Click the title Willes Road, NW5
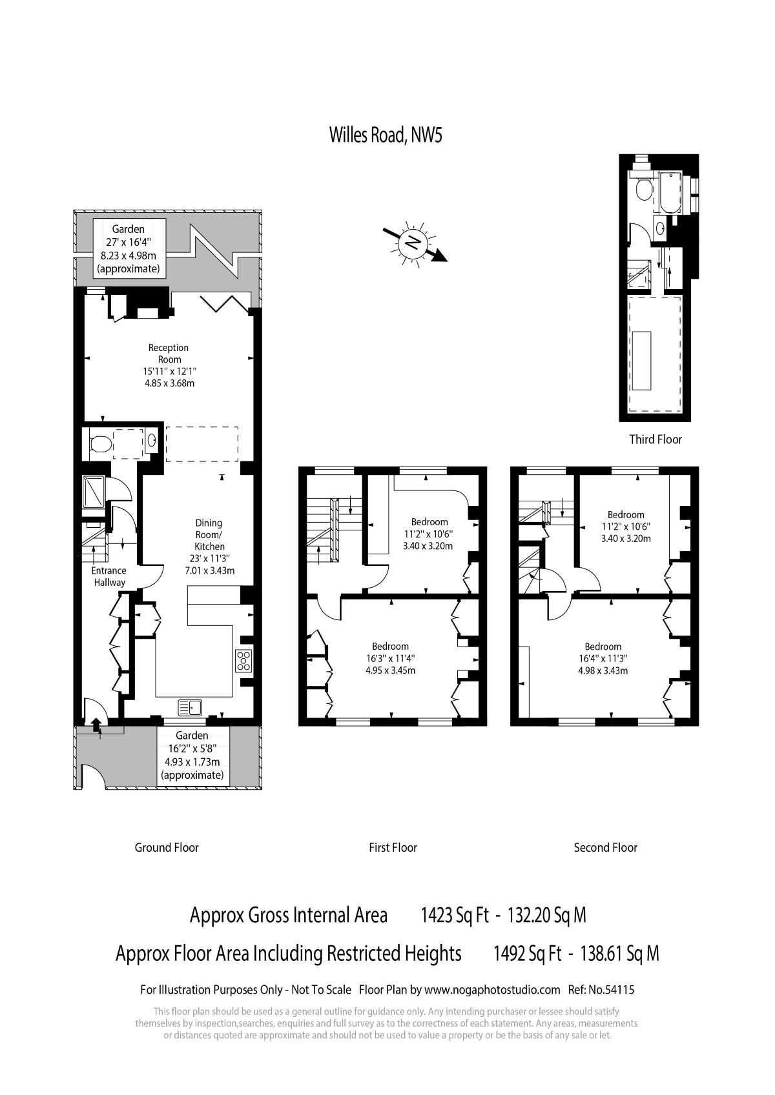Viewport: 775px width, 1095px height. tap(386, 135)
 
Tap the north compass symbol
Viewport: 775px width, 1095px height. tap(415, 243)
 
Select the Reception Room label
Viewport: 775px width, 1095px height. tap(169, 354)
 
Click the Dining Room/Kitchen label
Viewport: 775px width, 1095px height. tap(209, 535)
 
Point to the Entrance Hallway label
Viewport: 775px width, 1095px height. tap(109, 576)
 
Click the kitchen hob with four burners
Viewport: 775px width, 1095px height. tap(243, 661)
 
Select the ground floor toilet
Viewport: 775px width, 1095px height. tap(101, 445)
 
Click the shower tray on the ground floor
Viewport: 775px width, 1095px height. tap(93, 491)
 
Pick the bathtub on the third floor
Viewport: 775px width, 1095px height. tap(670, 192)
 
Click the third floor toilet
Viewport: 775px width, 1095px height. tap(643, 188)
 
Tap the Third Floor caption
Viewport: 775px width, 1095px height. tap(655, 439)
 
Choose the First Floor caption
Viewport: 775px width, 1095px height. tap(393, 847)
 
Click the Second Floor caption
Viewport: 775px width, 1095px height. tap(605, 847)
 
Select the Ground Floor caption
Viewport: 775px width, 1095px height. tap(167, 847)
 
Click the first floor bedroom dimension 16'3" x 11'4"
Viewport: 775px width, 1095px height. tap(390, 658)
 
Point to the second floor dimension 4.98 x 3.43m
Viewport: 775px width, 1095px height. tap(603, 670)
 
